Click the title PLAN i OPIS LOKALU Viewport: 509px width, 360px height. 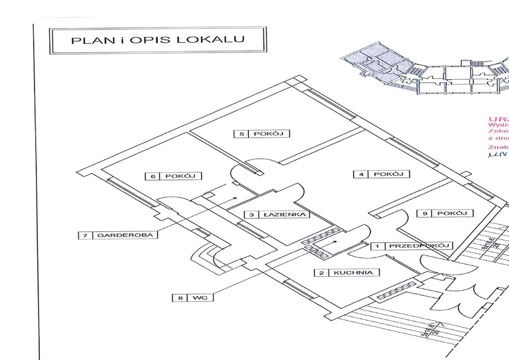coord(158,40)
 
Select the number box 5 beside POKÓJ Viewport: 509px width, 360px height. coord(242,133)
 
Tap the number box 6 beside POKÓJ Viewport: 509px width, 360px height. coord(153,176)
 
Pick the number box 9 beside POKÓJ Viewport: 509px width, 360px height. coord(425,213)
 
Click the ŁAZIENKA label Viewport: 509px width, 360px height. coord(286,215)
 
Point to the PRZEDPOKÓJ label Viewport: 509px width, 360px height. coord(419,246)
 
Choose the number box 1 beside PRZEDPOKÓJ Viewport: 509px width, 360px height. coord(378,246)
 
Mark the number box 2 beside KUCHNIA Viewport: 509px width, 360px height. coord(322,272)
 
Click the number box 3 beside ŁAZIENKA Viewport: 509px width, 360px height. coord(252,215)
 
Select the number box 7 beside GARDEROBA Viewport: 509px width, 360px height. coord(85,235)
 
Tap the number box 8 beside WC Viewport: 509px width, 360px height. coord(179,298)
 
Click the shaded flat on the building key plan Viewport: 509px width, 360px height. coord(378,62)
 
